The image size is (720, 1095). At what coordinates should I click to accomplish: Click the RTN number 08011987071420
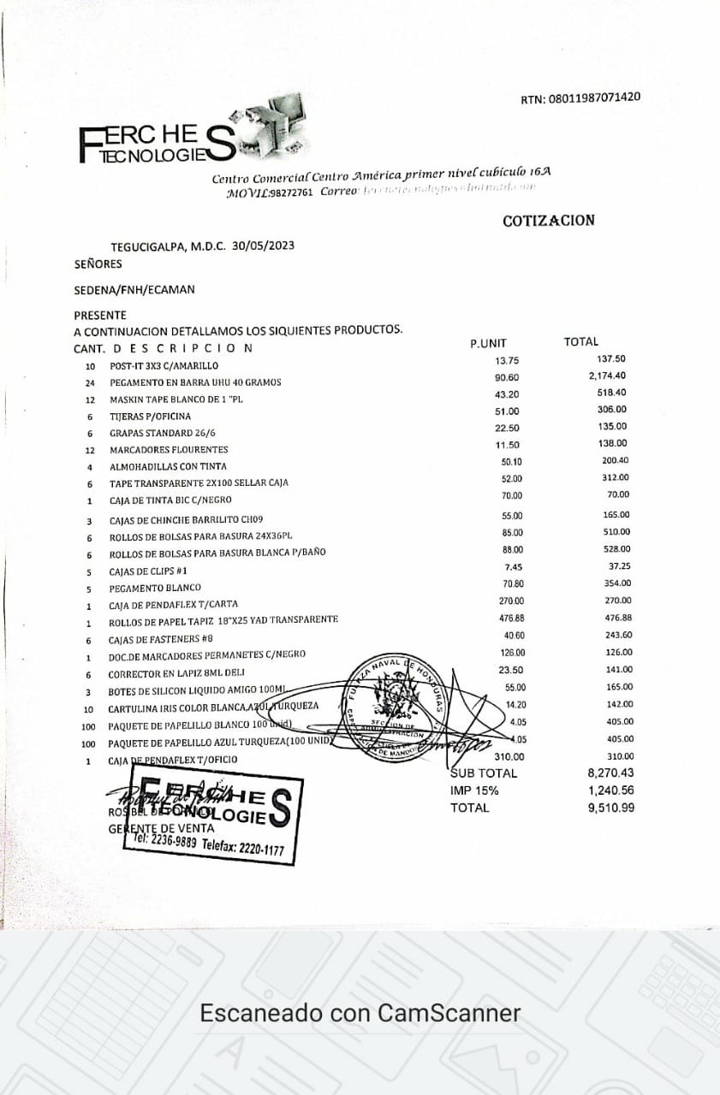click(593, 98)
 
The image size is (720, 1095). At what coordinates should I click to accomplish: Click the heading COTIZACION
click(548, 221)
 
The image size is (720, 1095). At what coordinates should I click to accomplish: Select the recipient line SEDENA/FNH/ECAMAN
click(134, 289)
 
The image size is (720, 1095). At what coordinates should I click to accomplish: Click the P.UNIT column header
click(488, 343)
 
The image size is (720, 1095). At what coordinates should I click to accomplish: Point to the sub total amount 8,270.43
click(610, 773)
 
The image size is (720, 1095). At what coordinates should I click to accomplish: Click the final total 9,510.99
click(610, 808)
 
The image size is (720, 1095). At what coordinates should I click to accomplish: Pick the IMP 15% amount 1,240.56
click(610, 790)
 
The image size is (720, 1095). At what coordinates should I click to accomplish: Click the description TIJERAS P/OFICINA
click(151, 417)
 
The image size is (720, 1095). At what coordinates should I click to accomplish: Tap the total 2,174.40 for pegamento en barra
click(607, 376)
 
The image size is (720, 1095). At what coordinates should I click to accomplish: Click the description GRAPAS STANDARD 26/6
click(163, 433)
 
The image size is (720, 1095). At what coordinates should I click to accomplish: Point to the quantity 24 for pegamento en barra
click(89, 382)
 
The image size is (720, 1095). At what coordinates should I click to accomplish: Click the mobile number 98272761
click(289, 193)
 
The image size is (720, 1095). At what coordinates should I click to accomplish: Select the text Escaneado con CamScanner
click(360, 1014)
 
